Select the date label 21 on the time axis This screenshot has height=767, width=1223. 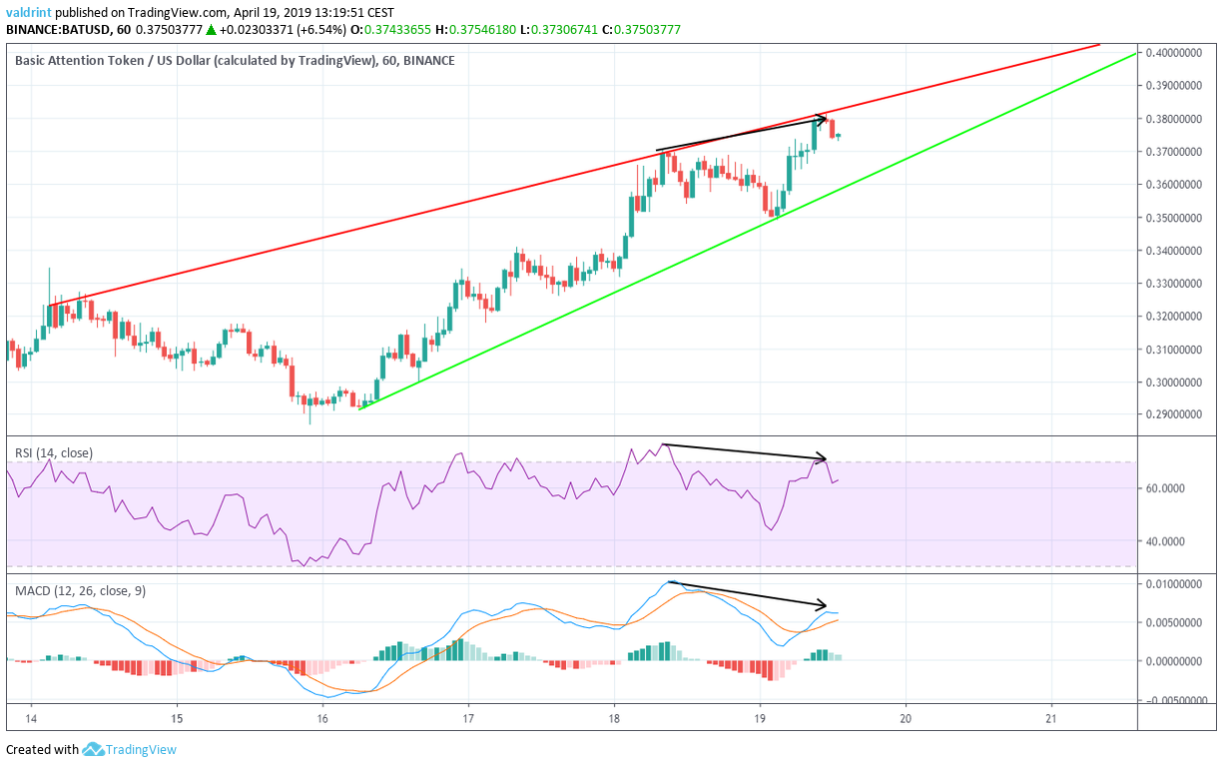click(1051, 718)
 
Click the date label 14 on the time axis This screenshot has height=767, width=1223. click(31, 718)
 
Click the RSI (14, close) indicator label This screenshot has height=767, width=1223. click(54, 452)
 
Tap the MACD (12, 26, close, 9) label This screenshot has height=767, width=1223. click(80, 591)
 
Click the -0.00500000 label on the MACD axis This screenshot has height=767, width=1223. click(1178, 700)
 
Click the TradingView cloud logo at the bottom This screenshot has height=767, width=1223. click(94, 749)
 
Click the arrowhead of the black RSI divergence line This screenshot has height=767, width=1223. click(824, 458)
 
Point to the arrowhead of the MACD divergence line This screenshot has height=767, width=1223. click(823, 605)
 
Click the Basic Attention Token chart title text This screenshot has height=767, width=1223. click(100, 61)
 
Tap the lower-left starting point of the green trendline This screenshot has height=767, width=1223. click(359, 407)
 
